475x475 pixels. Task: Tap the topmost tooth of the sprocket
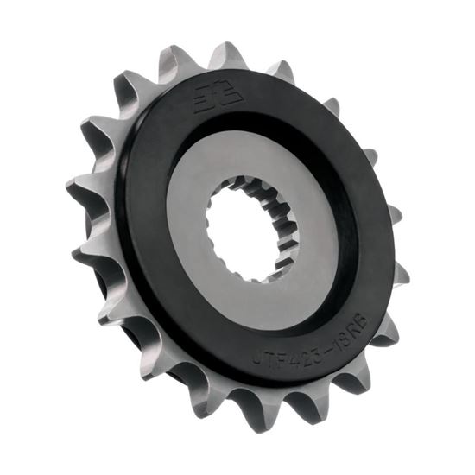227,54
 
